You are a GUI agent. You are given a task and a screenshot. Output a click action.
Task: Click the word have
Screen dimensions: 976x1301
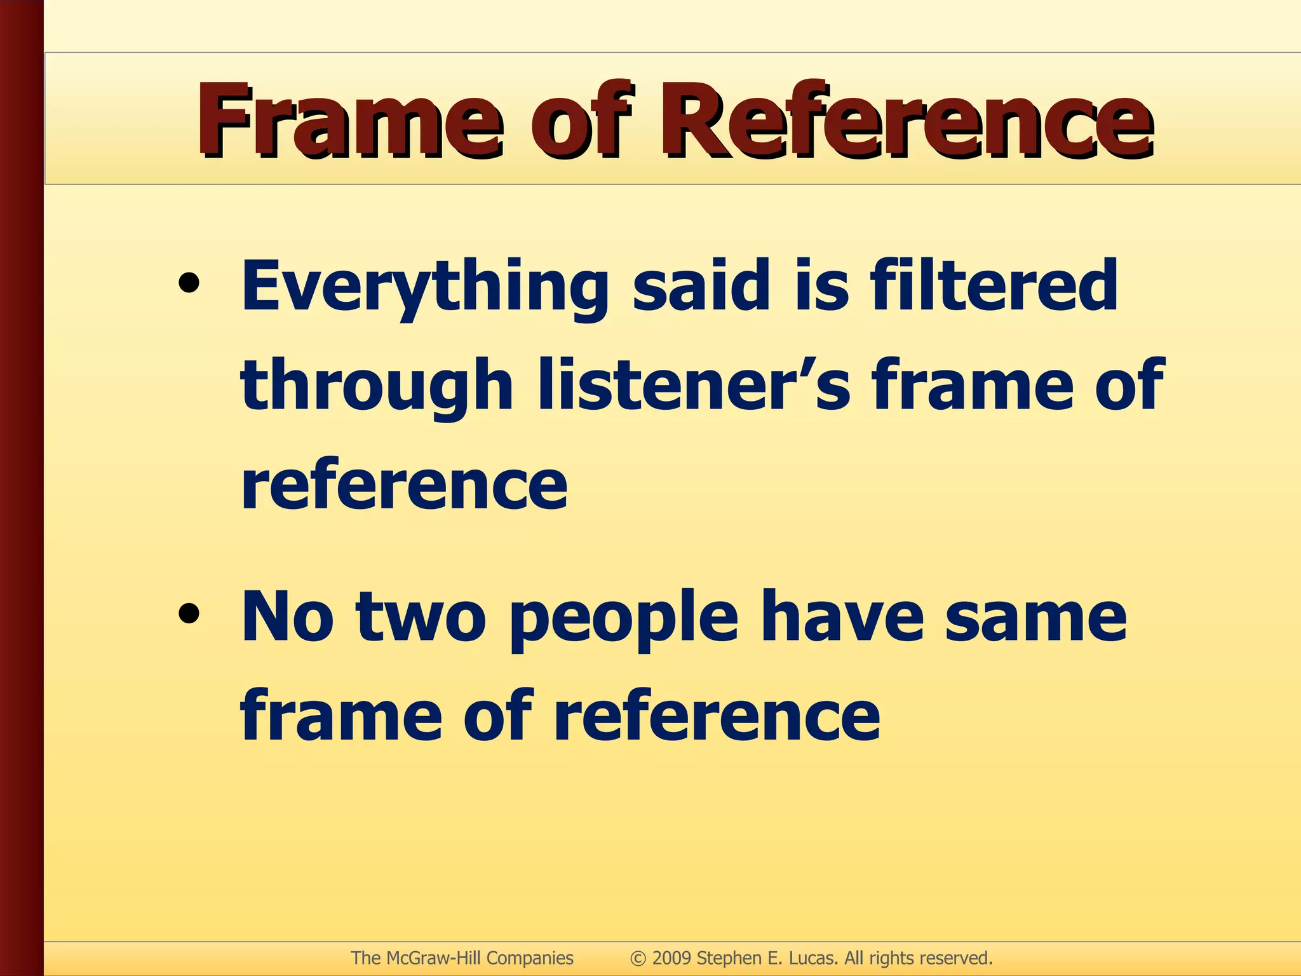(x=842, y=616)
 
